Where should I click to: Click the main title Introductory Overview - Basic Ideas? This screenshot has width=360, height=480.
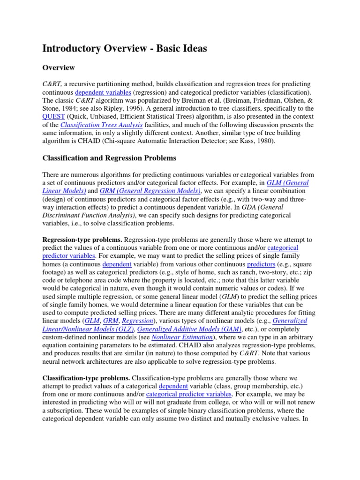125,49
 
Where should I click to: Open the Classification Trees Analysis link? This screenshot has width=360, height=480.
102,125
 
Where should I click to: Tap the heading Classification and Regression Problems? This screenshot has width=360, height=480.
109,158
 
